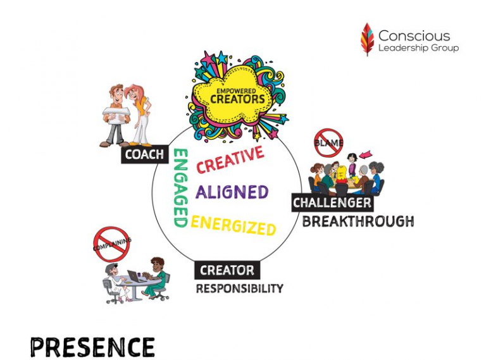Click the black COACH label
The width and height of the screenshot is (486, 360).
click(x=145, y=154)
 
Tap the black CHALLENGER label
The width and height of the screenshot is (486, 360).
click(x=332, y=203)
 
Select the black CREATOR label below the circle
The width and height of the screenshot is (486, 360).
click(x=227, y=270)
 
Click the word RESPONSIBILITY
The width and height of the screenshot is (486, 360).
click(x=240, y=289)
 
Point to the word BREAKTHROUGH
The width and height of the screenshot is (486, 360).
click(x=358, y=221)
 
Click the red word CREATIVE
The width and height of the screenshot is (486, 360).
click(x=230, y=159)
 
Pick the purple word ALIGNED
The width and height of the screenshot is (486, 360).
click(x=232, y=192)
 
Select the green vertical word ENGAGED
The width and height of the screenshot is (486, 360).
click(x=181, y=188)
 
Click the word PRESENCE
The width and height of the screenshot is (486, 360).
click(x=92, y=347)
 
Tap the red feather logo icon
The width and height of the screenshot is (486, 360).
click(x=367, y=39)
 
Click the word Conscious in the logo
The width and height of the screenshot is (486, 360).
click(x=414, y=35)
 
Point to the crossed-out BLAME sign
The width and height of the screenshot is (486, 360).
click(x=328, y=143)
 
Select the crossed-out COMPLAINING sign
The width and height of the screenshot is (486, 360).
click(x=111, y=244)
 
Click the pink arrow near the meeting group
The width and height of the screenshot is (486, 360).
click(x=366, y=153)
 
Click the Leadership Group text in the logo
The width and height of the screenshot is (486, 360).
click(x=418, y=48)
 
